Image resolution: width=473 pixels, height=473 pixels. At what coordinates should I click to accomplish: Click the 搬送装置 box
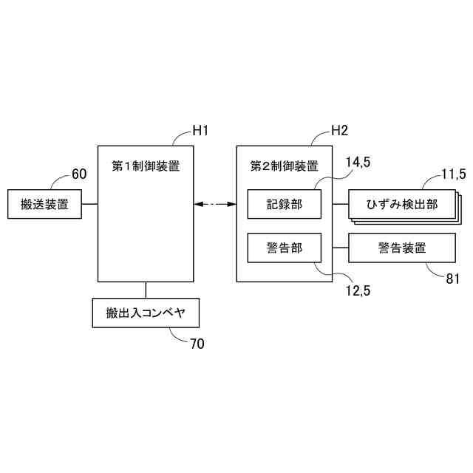(44, 204)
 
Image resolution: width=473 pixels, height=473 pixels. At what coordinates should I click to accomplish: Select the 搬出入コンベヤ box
(146, 313)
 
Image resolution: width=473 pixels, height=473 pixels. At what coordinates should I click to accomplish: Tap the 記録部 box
(285, 204)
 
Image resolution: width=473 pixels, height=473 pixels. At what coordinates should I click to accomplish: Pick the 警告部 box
(285, 248)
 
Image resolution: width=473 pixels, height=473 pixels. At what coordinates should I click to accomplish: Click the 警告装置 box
(401, 248)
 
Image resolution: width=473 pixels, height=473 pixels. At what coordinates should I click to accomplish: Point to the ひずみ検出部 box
(401, 204)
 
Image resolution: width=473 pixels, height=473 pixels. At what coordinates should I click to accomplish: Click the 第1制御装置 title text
(146, 166)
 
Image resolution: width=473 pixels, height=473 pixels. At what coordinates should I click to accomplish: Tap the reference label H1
(200, 131)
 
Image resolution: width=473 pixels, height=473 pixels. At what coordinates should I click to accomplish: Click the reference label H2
(339, 131)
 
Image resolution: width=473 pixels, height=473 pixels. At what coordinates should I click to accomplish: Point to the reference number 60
(79, 174)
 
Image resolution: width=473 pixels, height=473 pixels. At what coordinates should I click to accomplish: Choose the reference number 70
(197, 344)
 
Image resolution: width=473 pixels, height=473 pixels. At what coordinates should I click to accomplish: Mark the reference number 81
(453, 279)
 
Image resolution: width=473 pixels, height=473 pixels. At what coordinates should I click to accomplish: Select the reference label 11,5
(453, 174)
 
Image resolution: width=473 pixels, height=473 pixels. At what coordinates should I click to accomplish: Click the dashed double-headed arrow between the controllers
(214, 204)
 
